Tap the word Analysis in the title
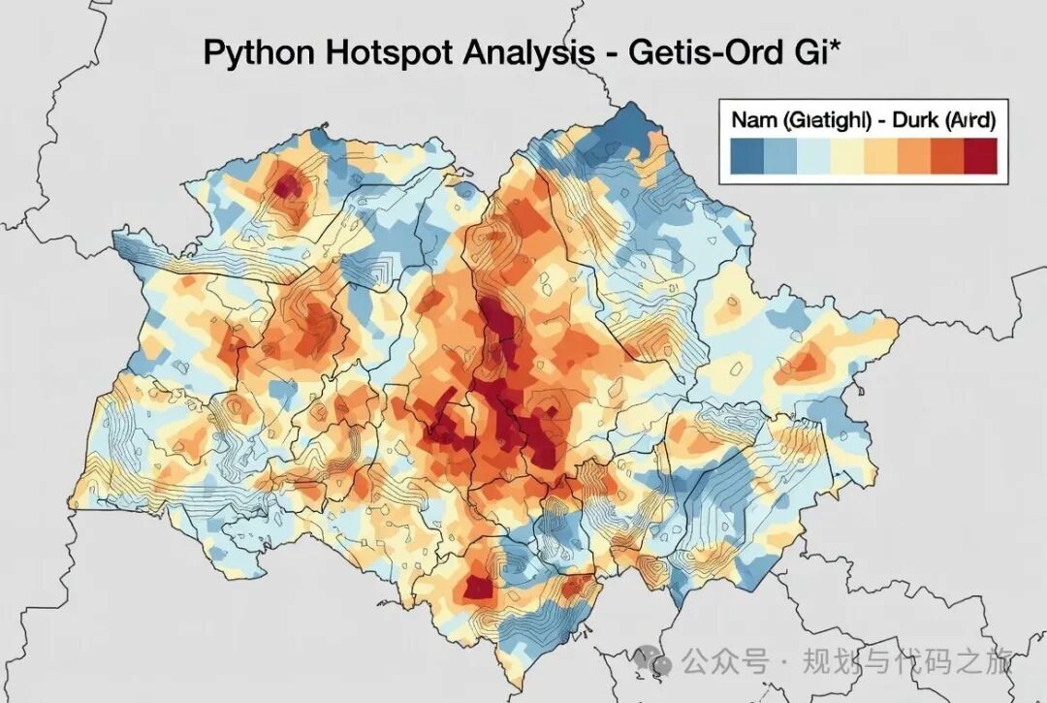(519, 53)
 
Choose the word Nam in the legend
(754, 120)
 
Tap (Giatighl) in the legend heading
(826, 120)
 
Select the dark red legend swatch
(980, 155)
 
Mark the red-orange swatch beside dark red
(947, 155)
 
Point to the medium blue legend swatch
(780, 155)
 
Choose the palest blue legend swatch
(813, 155)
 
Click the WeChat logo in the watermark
(654, 662)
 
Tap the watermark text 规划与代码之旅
(907, 662)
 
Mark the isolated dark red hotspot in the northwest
(286, 184)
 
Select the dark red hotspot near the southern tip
(478, 586)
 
